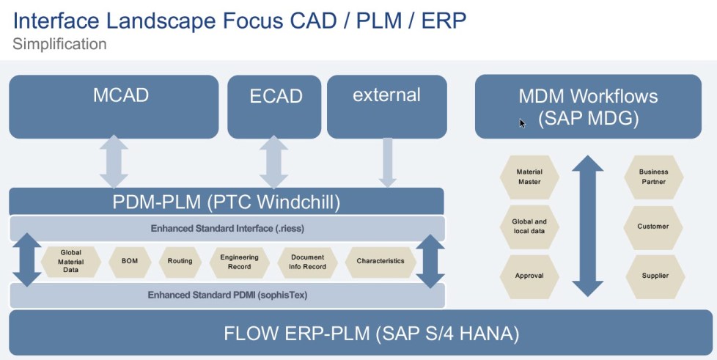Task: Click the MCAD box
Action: pos(114,106)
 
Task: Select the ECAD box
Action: pos(275,106)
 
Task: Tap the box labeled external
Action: pos(386,106)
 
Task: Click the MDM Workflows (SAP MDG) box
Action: pos(588,106)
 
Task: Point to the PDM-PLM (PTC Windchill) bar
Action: pos(226,201)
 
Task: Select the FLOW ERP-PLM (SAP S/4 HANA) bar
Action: pos(359,334)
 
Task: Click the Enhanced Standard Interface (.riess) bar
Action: pos(227,228)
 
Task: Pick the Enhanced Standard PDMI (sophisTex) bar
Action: pos(227,295)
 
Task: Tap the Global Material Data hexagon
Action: pos(71,261)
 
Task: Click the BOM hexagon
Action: pos(129,261)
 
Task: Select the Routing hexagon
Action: pos(180,261)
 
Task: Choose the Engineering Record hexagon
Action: pos(235,262)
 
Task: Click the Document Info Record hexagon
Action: pos(307,262)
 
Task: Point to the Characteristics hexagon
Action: pos(380,261)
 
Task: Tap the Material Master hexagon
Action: pos(529,177)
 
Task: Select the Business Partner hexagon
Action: pos(653,177)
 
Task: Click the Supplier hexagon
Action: pos(653,276)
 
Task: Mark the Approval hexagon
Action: pos(529,276)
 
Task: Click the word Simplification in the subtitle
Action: pos(59,44)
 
